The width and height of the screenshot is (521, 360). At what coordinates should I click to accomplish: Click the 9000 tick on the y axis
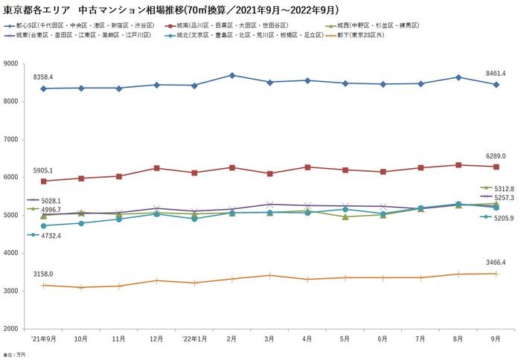pos(11,64)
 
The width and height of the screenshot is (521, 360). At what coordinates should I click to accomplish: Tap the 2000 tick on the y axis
pos(11,328)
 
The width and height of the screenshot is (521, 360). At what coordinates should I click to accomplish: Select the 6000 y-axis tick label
pos(11,177)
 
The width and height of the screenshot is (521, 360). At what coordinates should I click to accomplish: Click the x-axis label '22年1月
pos(194,338)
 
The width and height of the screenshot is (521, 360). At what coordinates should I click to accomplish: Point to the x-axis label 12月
pos(156,338)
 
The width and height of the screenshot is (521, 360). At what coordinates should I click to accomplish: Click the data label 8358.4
pos(43,77)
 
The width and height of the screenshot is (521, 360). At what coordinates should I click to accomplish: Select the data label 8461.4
pos(496,74)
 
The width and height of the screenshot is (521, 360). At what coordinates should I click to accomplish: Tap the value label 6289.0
pos(496,156)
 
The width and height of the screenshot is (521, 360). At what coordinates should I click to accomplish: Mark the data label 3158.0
pos(43,274)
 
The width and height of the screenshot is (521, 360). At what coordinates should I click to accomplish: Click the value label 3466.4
pos(496,263)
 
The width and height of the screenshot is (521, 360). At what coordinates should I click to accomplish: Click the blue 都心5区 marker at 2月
pos(232,75)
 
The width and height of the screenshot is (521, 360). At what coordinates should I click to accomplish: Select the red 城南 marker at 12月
pos(156,168)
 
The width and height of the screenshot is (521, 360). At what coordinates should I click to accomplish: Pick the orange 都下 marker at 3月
pos(270,275)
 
